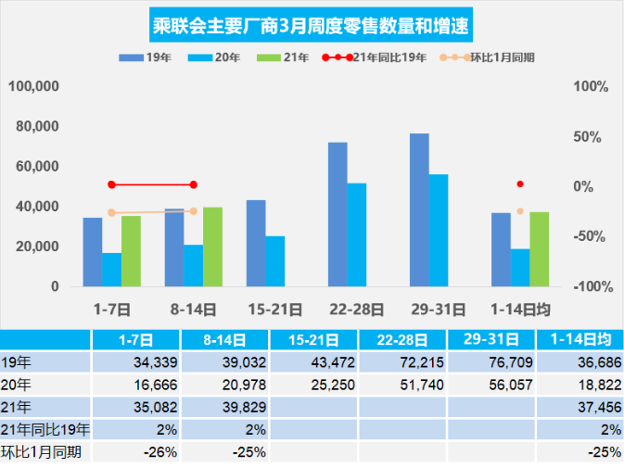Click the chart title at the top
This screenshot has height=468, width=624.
pyautogui.click(x=312, y=26)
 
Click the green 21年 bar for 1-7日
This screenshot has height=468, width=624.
pyautogui.click(x=131, y=251)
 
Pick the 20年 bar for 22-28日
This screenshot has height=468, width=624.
pyautogui.click(x=357, y=234)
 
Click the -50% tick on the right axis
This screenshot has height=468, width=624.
pyautogui.click(x=590, y=236)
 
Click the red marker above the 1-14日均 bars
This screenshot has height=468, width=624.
pyautogui.click(x=520, y=184)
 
